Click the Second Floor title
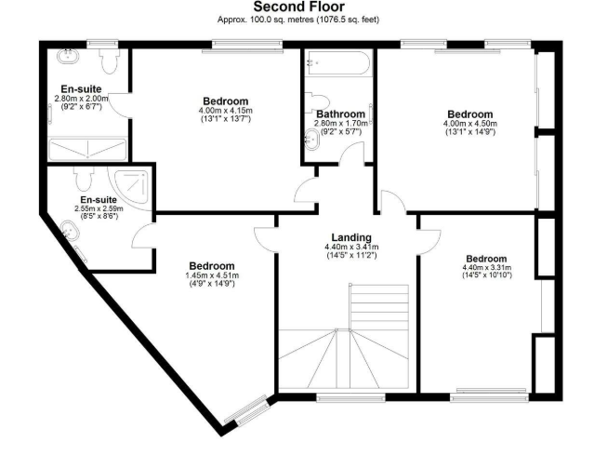click(x=299, y=7)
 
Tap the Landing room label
click(x=351, y=237)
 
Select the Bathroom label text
click(x=340, y=114)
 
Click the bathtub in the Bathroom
click(x=338, y=63)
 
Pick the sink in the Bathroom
click(x=312, y=140)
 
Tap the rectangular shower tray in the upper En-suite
click(x=87, y=148)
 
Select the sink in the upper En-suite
click(x=68, y=57)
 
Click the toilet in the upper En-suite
click(x=110, y=60)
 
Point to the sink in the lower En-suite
click(x=70, y=230)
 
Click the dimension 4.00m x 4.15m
click(x=226, y=111)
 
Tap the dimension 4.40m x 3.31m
click(x=487, y=268)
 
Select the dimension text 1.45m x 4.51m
click(x=212, y=275)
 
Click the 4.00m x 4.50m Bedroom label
click(x=470, y=114)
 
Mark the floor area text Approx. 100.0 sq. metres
click(x=265, y=20)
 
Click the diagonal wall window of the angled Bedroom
click(x=247, y=409)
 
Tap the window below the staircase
click(x=350, y=397)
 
